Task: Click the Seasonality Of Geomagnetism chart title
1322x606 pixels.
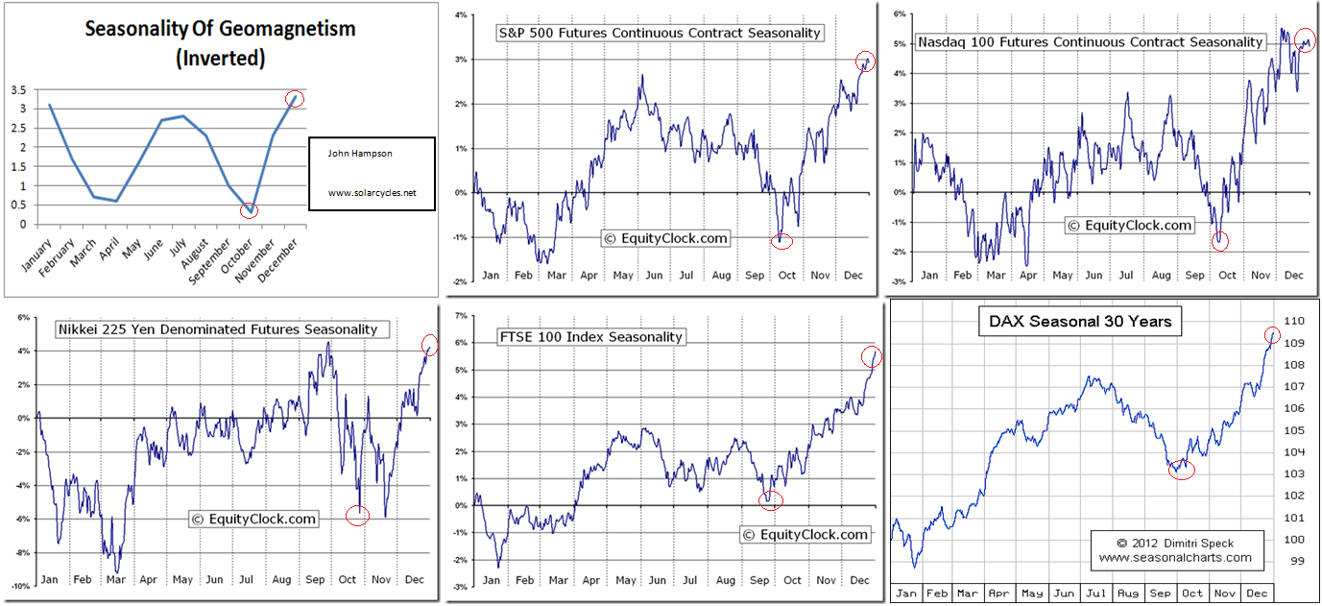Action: click(220, 42)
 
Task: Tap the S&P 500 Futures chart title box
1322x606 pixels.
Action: click(659, 33)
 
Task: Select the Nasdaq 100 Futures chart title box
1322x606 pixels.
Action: click(1090, 41)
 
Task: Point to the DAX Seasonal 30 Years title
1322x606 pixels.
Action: click(1080, 322)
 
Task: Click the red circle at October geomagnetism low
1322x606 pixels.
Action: click(249, 209)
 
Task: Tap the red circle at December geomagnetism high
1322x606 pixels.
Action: click(295, 98)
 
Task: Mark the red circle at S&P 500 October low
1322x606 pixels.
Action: click(782, 240)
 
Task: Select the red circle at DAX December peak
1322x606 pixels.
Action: click(1272, 335)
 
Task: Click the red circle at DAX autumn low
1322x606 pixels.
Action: click(1182, 468)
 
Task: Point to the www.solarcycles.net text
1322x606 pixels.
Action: click(373, 193)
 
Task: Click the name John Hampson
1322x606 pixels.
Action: click(360, 153)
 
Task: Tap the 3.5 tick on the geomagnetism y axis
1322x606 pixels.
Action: click(18, 90)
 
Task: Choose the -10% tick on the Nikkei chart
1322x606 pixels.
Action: click(17, 587)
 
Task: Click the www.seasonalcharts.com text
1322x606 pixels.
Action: click(1175, 557)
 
